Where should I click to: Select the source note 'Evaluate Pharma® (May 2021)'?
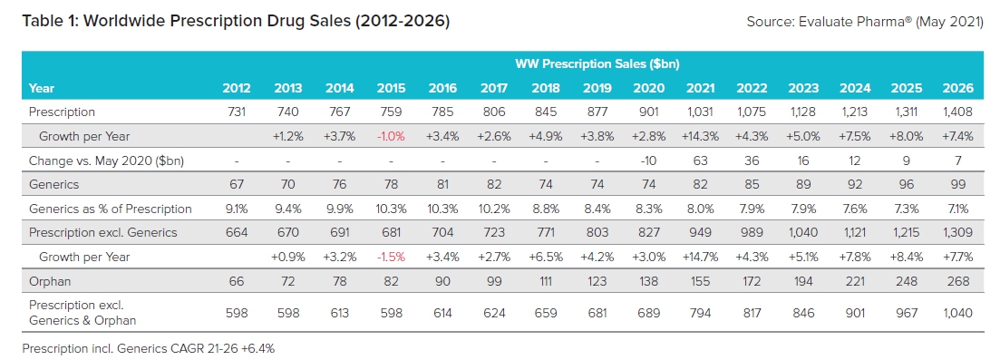(865, 21)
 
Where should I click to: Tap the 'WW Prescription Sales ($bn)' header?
(597, 64)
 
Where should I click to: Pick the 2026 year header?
(957, 88)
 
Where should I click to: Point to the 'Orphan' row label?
(50, 281)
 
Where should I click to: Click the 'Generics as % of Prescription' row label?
(110, 209)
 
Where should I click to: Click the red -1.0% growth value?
(392, 136)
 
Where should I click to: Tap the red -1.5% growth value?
(392, 257)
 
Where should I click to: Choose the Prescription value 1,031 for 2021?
(699, 112)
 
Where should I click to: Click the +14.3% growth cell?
(698, 136)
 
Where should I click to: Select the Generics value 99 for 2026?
(961, 184)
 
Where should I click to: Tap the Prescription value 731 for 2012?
(237, 112)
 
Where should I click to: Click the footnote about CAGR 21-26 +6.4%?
(149, 347)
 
